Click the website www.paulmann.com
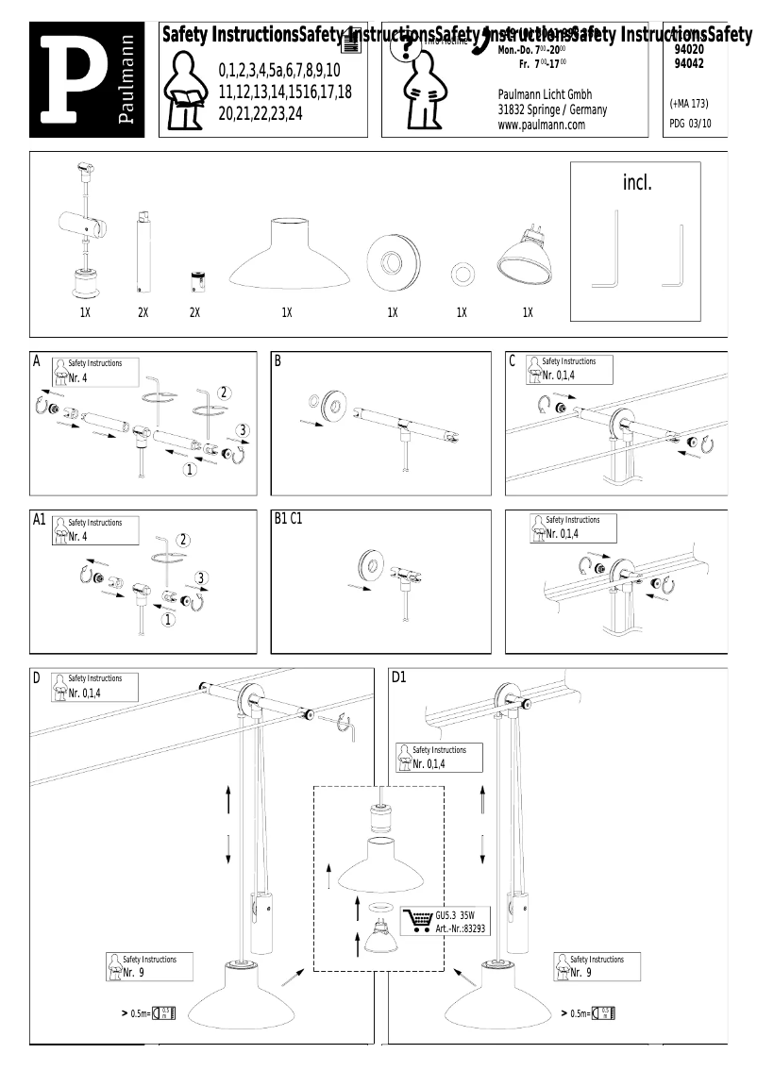pyautogui.click(x=541, y=125)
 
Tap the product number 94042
pyautogui.click(x=690, y=63)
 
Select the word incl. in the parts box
pyautogui.click(x=637, y=183)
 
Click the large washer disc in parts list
pyautogui.click(x=391, y=258)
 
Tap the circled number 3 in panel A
pyautogui.click(x=243, y=430)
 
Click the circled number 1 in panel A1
pyautogui.click(x=168, y=620)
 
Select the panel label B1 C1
pyautogui.click(x=288, y=519)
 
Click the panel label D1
pyautogui.click(x=398, y=677)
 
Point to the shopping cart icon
pyautogui.click(x=417, y=920)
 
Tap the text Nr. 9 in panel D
pyautogui.click(x=133, y=972)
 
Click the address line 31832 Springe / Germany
pyautogui.click(x=552, y=109)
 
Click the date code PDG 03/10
pyautogui.click(x=691, y=123)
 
